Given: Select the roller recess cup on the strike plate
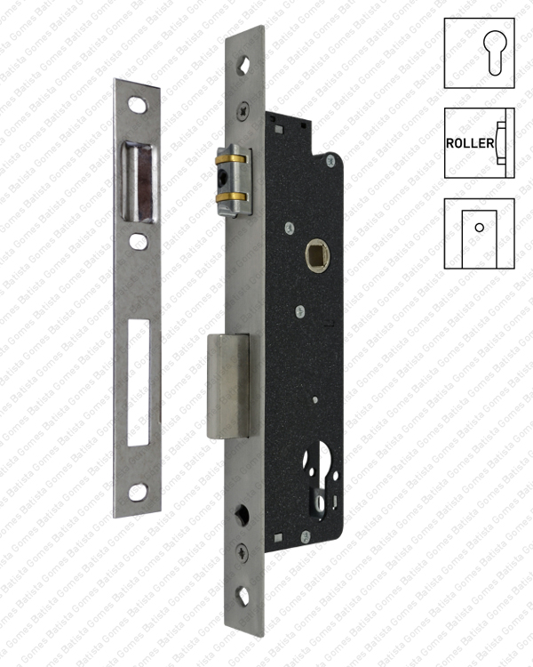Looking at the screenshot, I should coord(139,183).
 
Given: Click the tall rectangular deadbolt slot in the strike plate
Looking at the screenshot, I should coord(138,382).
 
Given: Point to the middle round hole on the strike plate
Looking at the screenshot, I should coord(138,241).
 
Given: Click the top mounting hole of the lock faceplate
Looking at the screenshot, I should coord(245,64).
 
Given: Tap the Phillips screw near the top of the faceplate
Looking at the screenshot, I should coord(244,114).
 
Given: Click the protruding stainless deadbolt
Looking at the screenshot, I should coord(229,385).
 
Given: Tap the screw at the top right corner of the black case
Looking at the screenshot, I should coord(330,160).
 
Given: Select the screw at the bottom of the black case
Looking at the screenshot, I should coord(305,535).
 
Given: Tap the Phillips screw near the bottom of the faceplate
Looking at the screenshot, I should coord(244,552).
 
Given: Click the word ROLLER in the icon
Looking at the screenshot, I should coord(470,143).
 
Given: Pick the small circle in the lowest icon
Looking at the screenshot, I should coord(479,228).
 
